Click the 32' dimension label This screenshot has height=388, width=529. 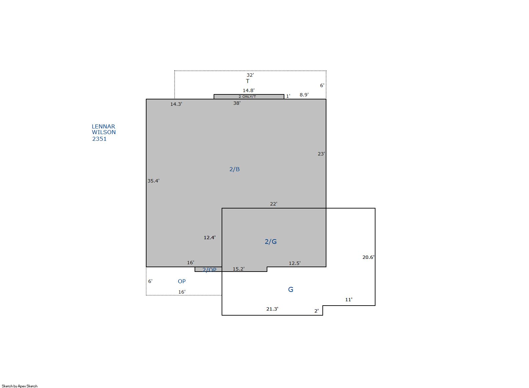click(250, 75)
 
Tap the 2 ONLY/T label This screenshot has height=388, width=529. click(247, 96)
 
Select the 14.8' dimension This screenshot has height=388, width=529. click(248, 90)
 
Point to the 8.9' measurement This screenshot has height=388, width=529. click(304, 95)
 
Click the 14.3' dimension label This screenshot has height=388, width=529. click(176, 104)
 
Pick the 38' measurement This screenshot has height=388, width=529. click(237, 103)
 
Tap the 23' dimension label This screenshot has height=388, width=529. click(321, 154)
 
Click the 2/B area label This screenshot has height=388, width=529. click(235, 169)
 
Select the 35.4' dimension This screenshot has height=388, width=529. click(154, 181)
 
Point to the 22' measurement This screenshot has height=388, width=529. click(273, 204)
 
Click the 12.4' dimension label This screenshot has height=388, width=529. click(210, 238)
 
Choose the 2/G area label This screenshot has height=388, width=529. click(271, 242)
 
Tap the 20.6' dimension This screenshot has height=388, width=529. click(368, 257)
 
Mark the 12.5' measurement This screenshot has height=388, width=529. click(295, 263)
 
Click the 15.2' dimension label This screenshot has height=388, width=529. click(239, 269)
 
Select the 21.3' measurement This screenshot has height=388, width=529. click(272, 309)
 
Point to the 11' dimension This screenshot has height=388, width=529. click(349, 300)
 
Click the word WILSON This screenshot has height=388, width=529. click(104, 132)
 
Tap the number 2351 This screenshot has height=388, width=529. click(99, 139)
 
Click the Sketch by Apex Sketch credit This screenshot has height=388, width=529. click(20, 386)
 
